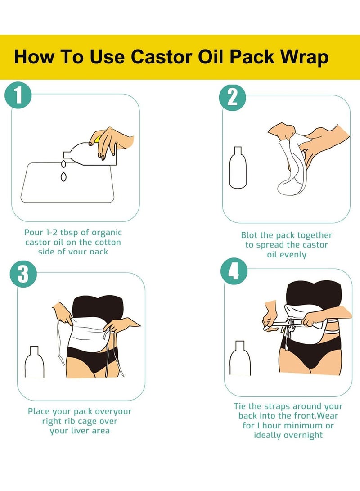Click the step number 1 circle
pos(18,97)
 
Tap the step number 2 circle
pos(232,98)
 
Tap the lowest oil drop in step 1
pos(63,177)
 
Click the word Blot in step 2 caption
pos(250,235)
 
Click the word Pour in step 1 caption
pos(34,233)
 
